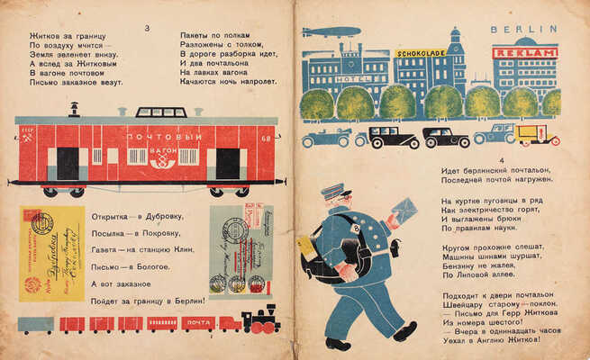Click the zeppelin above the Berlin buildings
point(331,32)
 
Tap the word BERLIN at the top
point(519,30)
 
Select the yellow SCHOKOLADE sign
point(421,53)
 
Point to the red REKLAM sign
point(525,53)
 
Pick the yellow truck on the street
point(538,135)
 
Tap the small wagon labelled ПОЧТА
point(198,321)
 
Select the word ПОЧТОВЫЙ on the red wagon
point(159,136)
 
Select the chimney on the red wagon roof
point(74,109)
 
